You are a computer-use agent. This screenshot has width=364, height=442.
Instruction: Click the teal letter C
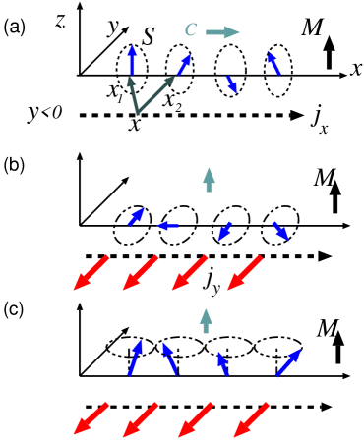[191, 30]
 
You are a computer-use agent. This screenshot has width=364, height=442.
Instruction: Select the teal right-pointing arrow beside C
[223, 32]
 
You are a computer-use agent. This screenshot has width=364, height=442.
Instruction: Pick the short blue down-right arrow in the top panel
[231, 84]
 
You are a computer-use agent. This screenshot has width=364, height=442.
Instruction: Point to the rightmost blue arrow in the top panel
[273, 63]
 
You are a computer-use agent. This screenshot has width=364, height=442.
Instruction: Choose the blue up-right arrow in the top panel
[183, 65]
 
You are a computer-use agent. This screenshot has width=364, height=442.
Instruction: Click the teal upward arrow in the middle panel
[209, 179]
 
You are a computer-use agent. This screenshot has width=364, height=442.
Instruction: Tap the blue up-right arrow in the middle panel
[136, 217]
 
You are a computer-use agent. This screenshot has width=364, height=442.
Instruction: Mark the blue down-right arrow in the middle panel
[280, 231]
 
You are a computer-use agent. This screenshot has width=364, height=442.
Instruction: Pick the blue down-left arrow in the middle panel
[225, 231]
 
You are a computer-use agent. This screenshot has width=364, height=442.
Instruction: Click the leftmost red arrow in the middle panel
[91, 273]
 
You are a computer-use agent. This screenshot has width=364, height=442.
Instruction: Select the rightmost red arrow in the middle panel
[245, 273]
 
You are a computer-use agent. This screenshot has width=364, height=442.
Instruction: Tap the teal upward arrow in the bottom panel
[206, 320]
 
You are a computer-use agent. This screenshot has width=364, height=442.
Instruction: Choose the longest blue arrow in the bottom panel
[288, 362]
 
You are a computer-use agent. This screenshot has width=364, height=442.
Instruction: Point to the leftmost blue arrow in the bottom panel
[134, 358]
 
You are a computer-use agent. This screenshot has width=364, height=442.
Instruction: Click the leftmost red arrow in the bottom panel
[91, 418]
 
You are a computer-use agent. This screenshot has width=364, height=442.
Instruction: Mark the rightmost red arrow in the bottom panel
[251, 418]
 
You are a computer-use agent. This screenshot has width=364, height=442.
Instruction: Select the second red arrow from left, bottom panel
[141, 418]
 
